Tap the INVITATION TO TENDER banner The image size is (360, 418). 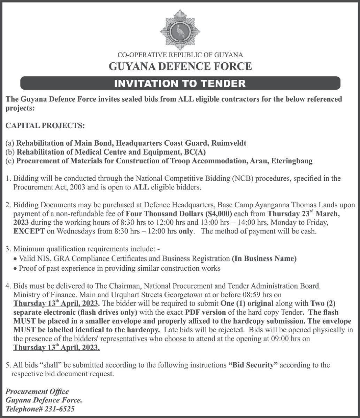click(x=180, y=84)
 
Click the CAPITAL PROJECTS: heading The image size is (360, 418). click(x=45, y=126)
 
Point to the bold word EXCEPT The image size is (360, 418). click(x=29, y=232)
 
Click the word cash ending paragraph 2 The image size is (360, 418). click(x=309, y=232)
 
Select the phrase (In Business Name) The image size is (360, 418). click(x=264, y=259)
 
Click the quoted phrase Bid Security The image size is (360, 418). click(x=253, y=365)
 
